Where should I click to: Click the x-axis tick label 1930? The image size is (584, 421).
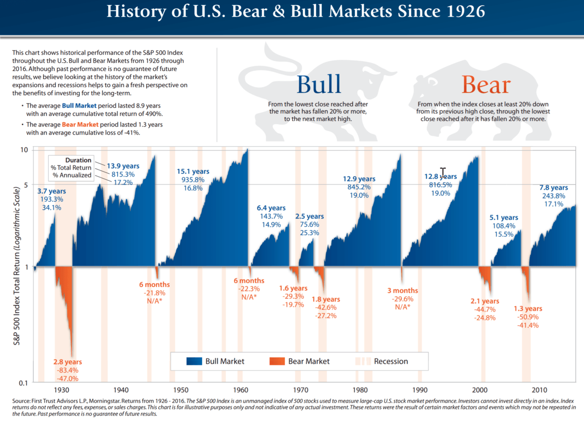[61, 390]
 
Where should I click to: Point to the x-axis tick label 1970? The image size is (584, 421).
[300, 390]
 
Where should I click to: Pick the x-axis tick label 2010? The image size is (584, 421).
[539, 390]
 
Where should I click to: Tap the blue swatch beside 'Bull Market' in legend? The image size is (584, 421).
[193, 361]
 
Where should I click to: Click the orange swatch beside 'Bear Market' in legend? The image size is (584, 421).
[276, 361]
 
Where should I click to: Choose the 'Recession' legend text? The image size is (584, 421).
[391, 361]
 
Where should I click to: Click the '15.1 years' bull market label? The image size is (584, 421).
[193, 171]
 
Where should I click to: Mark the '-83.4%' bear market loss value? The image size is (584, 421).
[68, 370]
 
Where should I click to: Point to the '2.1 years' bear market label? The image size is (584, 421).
[484, 301]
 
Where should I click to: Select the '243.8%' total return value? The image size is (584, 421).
[553, 196]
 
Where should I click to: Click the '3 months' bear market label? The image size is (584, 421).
[402, 291]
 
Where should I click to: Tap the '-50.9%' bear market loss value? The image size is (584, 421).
[528, 317]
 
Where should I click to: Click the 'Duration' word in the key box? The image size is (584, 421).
[78, 159]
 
